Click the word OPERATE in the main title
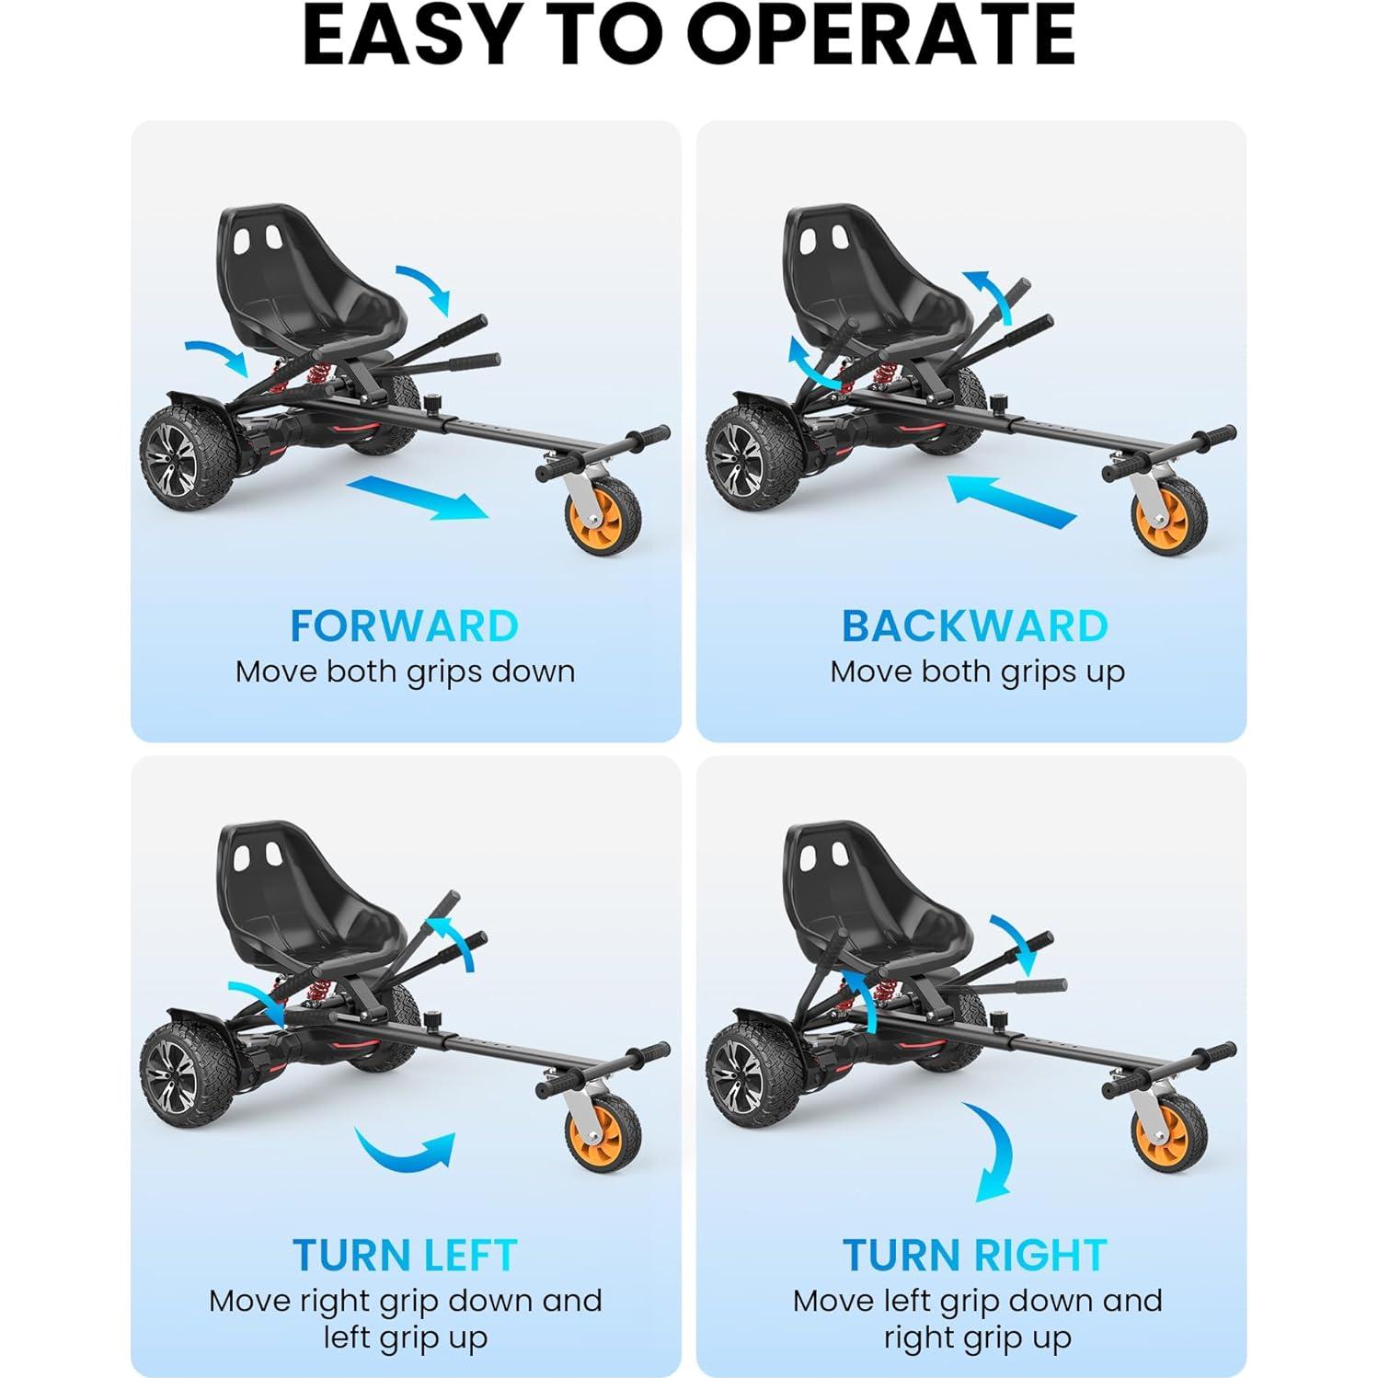point(881,36)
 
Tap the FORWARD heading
point(405,626)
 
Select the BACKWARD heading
point(975,626)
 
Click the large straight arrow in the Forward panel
point(419,497)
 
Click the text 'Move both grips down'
point(405,672)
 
